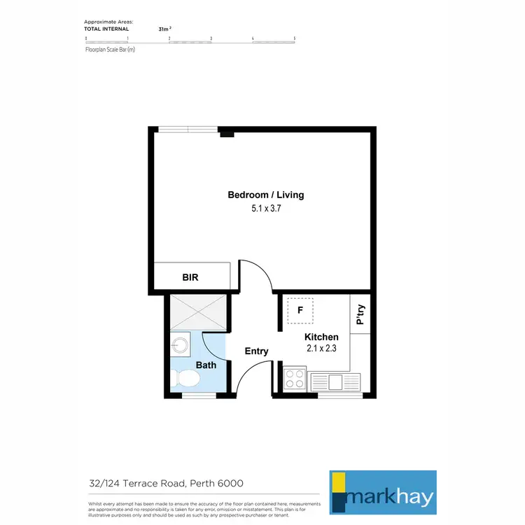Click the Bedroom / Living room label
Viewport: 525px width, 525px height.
265,195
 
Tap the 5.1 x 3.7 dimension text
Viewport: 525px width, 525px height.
265,208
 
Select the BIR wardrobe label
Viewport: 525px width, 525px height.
190,277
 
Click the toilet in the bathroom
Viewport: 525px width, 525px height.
186,379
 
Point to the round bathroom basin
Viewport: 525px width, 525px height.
181,344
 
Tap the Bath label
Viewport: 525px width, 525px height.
206,365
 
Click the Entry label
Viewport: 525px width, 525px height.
256,351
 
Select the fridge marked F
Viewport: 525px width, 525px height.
300,309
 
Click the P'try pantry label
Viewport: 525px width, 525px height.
360,316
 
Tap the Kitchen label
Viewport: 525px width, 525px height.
321,337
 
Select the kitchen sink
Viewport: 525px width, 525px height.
335,381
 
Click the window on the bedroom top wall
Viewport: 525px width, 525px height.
188,129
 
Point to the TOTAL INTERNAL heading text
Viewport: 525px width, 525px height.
106,29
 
